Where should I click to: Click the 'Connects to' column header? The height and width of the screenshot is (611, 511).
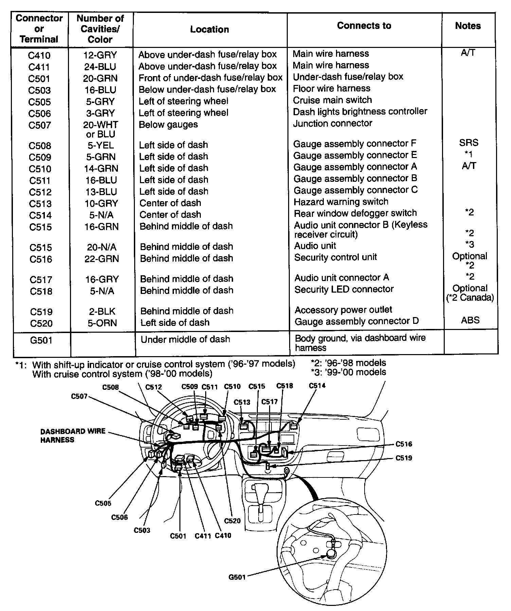[x=364, y=26]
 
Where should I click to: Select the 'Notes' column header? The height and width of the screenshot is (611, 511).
[x=468, y=26]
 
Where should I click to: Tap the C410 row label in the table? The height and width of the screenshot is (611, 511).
[x=39, y=55]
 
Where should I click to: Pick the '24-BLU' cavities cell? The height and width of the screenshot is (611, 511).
[x=100, y=67]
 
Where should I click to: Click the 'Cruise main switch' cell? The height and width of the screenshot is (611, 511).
[x=332, y=100]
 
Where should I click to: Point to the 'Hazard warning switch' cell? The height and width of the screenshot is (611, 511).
[x=341, y=202]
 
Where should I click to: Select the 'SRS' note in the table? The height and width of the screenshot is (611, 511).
[x=469, y=143]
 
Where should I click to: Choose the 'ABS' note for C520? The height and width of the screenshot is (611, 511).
[x=470, y=320]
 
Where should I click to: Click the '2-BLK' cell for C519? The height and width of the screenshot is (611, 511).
[x=101, y=312]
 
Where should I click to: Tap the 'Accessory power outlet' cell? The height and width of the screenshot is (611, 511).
[x=343, y=310]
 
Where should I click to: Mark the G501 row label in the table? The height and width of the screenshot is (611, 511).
[x=41, y=340]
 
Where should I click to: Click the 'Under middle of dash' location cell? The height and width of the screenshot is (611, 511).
[x=185, y=339]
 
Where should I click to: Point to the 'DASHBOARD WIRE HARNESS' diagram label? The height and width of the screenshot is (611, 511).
[x=73, y=435]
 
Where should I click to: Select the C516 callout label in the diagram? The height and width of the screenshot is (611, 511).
[x=404, y=444]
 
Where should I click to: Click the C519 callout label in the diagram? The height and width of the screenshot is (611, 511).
[x=404, y=458]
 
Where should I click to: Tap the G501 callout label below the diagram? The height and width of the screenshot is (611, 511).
[x=237, y=577]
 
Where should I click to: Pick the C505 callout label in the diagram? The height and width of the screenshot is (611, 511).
[x=103, y=503]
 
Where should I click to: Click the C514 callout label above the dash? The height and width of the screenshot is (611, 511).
[x=317, y=386]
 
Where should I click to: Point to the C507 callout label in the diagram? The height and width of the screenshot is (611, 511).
[x=79, y=397]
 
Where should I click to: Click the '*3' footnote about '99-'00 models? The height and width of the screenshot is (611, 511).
[x=348, y=372]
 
